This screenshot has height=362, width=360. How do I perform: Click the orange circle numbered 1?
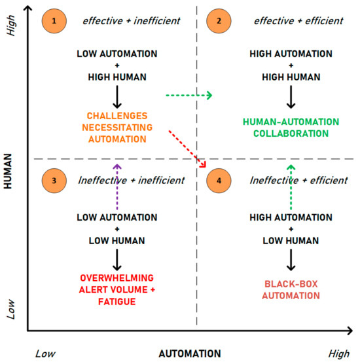[x=54, y=21]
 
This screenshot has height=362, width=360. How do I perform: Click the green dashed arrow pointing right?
[x=189, y=96]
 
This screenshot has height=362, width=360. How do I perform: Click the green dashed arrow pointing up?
[x=291, y=190]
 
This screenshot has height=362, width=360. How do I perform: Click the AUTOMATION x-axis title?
[x=190, y=353]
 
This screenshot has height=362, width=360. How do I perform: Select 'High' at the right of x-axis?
[x=339, y=353]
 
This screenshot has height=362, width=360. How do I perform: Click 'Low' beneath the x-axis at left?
[x=46, y=353]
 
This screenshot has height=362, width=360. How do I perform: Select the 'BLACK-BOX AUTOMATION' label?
[x=289, y=290]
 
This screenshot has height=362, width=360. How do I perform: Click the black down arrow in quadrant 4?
[x=289, y=261]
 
